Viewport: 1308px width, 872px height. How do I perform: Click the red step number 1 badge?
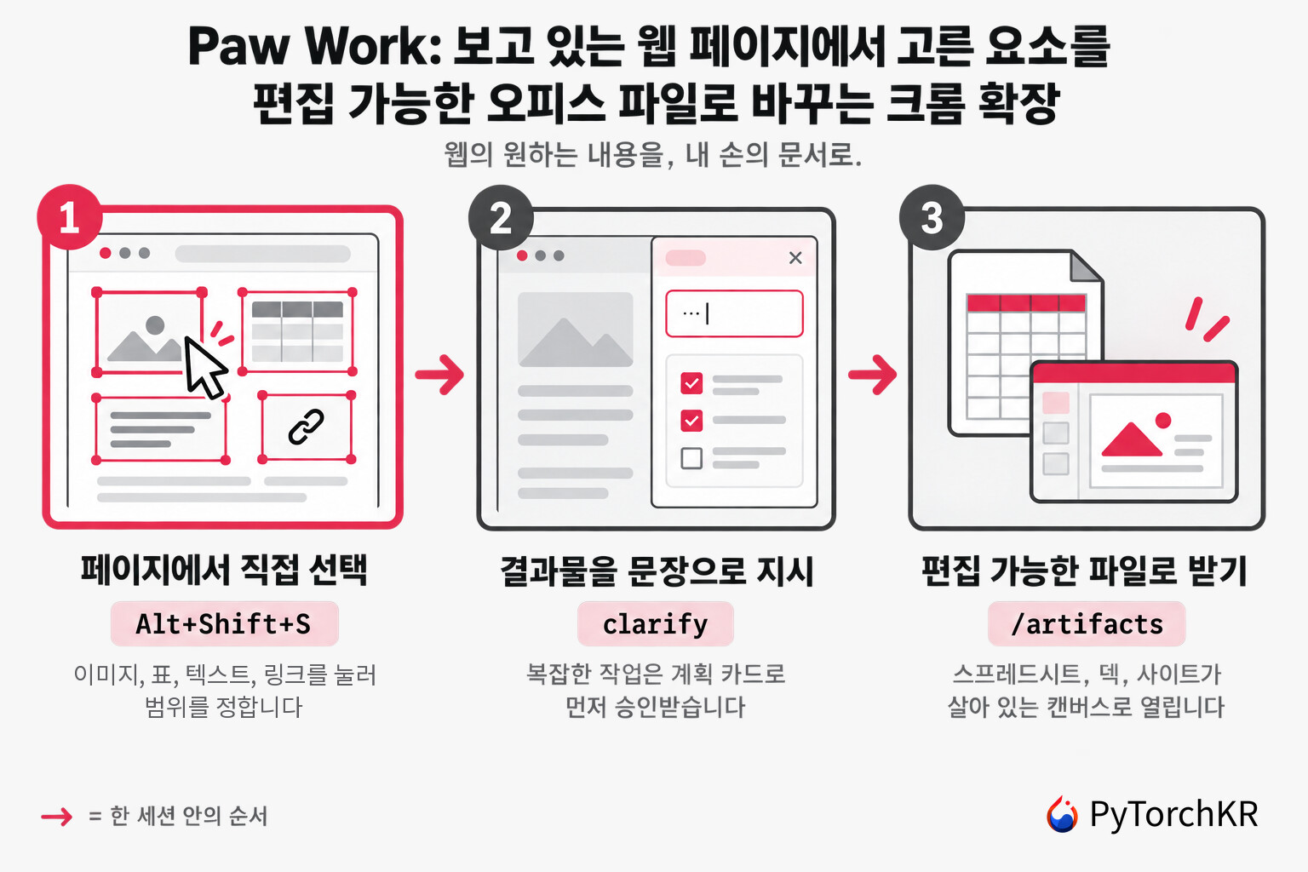70,217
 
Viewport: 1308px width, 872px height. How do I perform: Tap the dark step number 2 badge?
501,218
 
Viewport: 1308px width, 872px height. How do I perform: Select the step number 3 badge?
932,218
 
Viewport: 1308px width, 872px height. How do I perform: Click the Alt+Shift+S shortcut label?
224,624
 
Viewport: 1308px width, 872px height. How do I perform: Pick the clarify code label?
655,624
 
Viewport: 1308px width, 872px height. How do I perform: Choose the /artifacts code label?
1087,624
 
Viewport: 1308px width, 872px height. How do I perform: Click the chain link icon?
306,427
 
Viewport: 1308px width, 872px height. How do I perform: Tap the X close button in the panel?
795,257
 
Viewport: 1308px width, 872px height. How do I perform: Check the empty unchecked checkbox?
692,458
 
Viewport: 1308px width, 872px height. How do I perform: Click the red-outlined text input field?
735,313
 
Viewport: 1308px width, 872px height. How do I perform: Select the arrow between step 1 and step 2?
439,375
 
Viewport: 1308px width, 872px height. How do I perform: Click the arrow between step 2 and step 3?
872,375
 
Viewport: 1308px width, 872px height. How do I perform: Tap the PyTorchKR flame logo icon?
1062,814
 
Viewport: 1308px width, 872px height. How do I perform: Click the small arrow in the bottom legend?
57,817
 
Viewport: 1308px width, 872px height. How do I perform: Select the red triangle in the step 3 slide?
1132,439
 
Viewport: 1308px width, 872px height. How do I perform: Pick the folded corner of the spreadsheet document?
1085,267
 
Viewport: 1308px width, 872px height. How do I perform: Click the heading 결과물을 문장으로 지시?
657,571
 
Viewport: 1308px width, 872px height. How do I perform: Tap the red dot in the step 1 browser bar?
106,253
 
